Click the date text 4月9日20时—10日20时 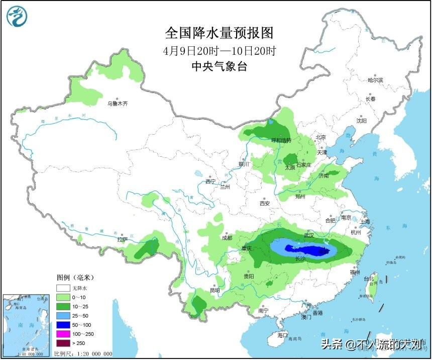(x=220, y=51)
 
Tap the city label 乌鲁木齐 (x=118, y=104)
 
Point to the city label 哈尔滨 (x=375, y=80)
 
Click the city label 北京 (x=320, y=137)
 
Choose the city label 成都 (x=227, y=238)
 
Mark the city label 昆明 (x=214, y=290)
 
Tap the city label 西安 (x=265, y=203)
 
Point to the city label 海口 (x=283, y=335)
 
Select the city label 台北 (x=369, y=279)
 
